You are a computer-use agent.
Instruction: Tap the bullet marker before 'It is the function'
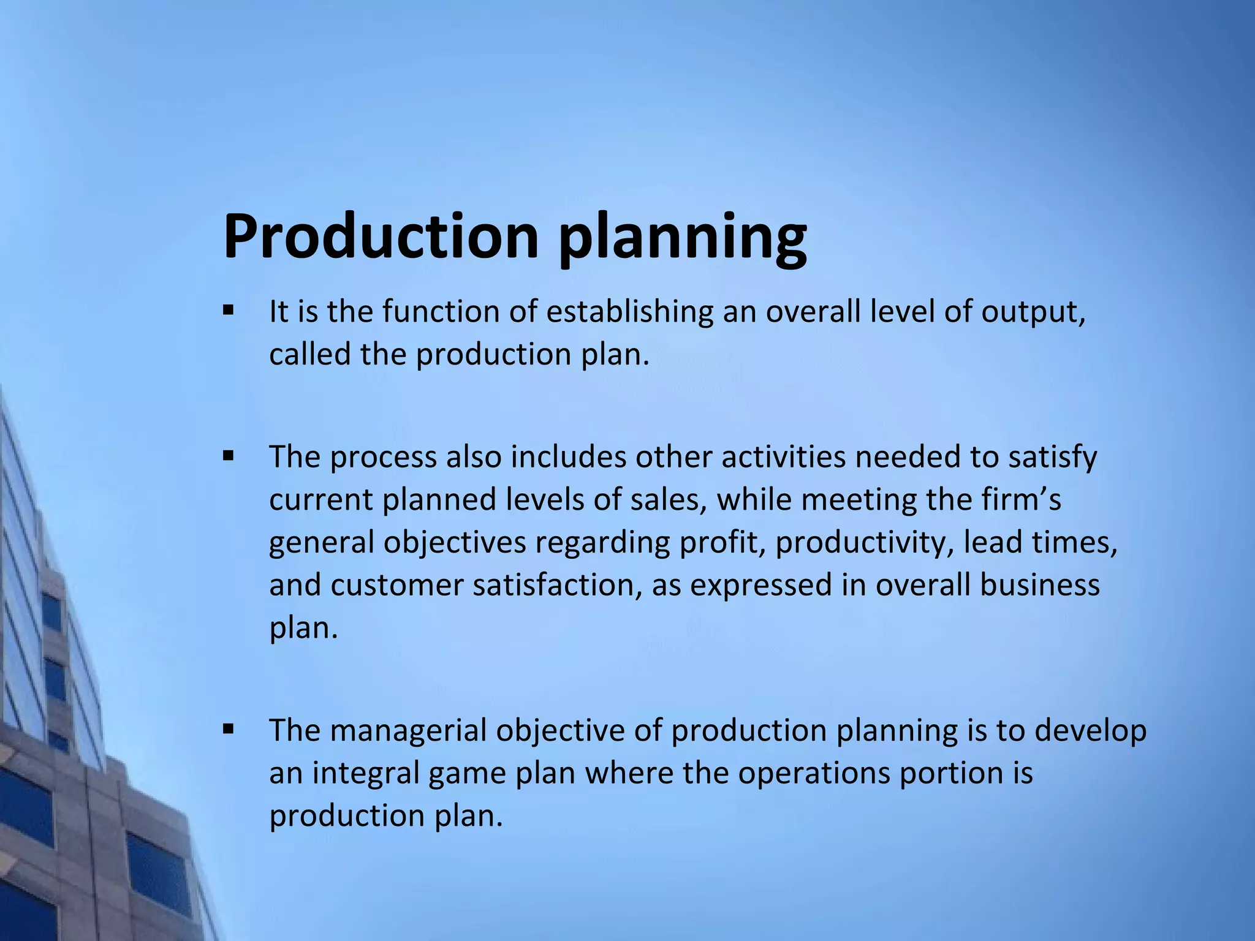click(x=229, y=310)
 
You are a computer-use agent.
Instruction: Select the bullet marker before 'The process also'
click(x=229, y=456)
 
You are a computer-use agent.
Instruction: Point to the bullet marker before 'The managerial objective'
click(x=229, y=729)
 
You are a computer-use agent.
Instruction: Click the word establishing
click(x=629, y=312)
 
